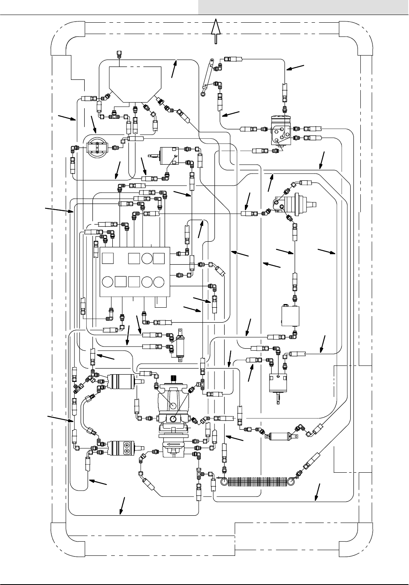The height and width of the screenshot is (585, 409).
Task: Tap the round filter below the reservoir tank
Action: (x=97, y=148)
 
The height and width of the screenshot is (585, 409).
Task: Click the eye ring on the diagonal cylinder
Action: (x=203, y=94)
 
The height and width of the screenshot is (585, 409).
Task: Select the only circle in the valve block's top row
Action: (x=147, y=259)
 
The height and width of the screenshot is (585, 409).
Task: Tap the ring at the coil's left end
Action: (x=224, y=482)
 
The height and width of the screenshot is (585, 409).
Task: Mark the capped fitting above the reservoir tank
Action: (x=119, y=53)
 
